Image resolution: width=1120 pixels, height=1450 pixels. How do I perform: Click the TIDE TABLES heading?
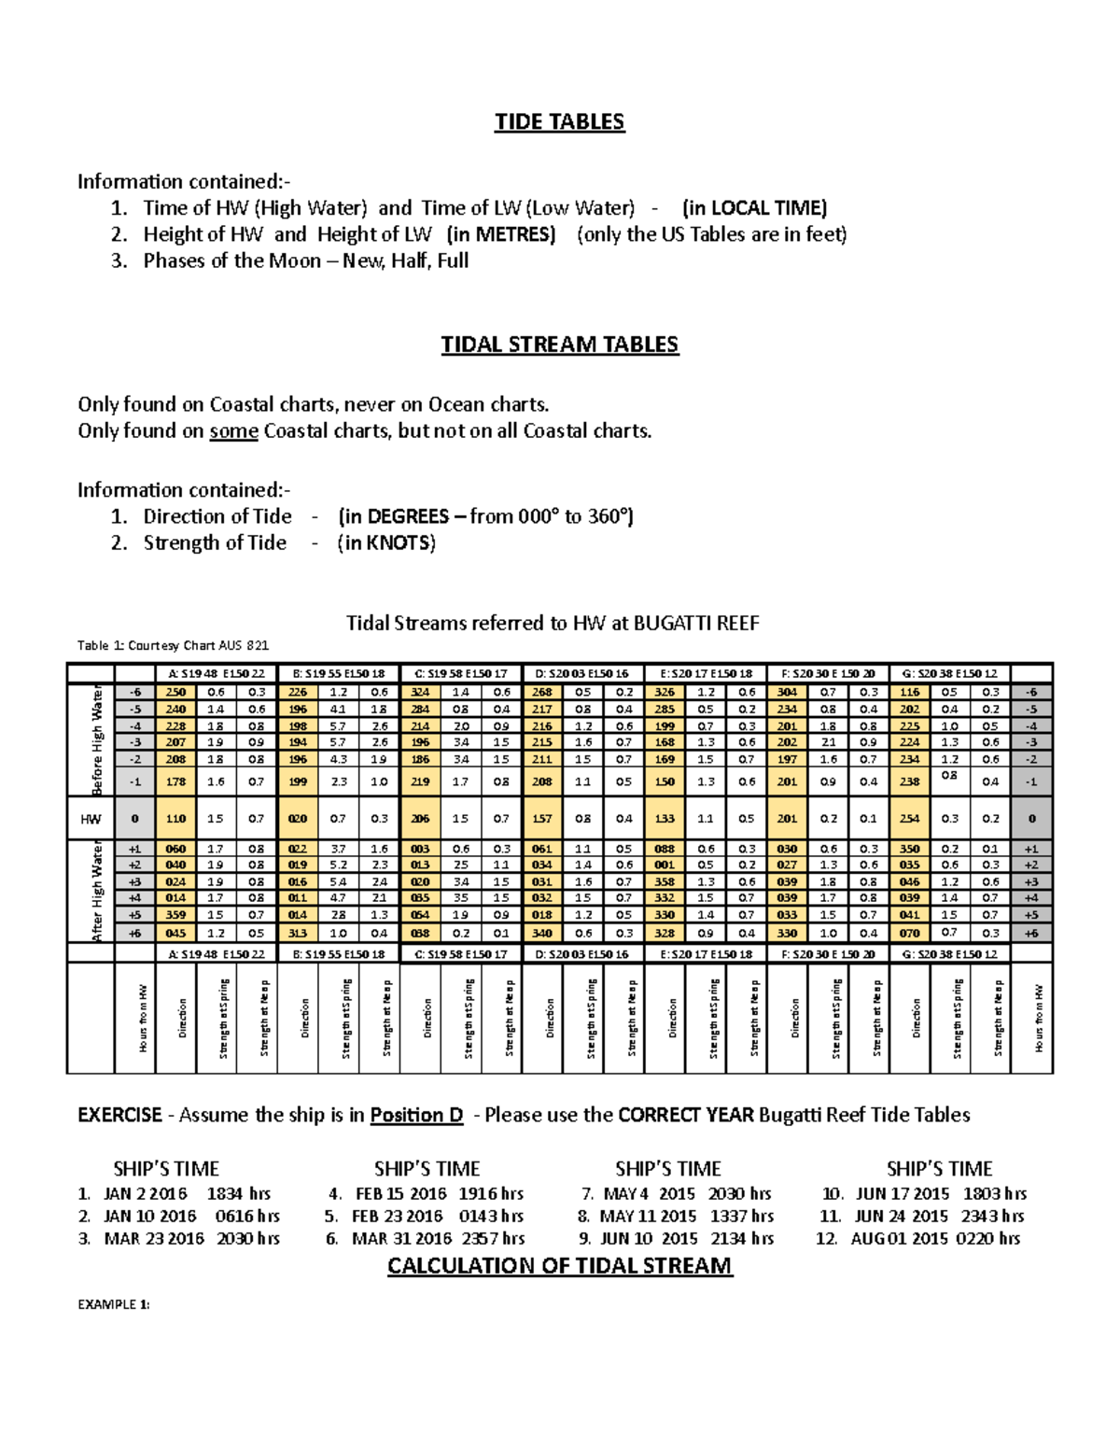559,122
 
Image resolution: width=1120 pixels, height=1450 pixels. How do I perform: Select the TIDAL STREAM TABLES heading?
559,345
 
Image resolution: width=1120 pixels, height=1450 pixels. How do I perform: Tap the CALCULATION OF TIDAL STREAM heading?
559,1266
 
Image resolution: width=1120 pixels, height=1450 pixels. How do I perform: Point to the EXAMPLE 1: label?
113,1304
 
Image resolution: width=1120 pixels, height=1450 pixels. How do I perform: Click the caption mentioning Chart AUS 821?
173,645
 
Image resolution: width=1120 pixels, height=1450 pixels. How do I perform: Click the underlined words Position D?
416,1115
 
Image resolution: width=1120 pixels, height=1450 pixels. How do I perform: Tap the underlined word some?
233,430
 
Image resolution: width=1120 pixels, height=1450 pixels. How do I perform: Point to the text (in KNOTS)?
386,542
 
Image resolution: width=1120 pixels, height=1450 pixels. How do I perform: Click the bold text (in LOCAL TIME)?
754,207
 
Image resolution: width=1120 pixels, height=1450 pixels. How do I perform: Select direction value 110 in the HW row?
175,819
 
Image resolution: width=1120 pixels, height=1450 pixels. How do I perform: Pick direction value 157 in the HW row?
542,819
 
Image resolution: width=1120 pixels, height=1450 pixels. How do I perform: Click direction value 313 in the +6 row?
298,933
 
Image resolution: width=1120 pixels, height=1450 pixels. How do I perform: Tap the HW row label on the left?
91,819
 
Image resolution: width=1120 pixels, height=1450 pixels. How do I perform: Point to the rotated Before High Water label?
97,739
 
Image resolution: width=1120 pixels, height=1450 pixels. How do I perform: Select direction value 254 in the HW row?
909,819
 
